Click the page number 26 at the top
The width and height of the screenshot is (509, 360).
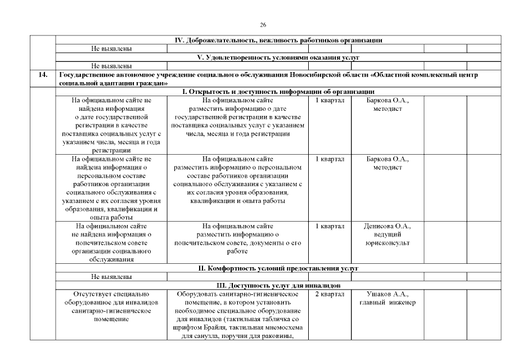pyautogui.click(x=263, y=25)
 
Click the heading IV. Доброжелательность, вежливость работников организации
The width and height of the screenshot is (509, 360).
pyautogui.click(x=279, y=40)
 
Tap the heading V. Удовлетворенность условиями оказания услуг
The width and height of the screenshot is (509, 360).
pyautogui.click(x=279, y=57)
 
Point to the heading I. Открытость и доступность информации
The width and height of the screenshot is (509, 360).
pyautogui.click(x=279, y=92)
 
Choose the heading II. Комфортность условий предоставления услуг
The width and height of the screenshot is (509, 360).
pyautogui.click(x=279, y=268)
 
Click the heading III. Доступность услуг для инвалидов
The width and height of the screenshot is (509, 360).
pyautogui.click(x=279, y=285)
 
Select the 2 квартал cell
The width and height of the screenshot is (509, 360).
pyautogui.click(x=329, y=294)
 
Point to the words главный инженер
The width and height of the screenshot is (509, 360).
pyautogui.click(x=388, y=303)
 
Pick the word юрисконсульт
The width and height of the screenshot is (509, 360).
pyautogui.click(x=388, y=243)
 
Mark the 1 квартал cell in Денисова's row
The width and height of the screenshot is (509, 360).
pyautogui.click(x=329, y=226)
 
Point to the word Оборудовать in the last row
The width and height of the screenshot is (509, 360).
pyautogui.click(x=199, y=294)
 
